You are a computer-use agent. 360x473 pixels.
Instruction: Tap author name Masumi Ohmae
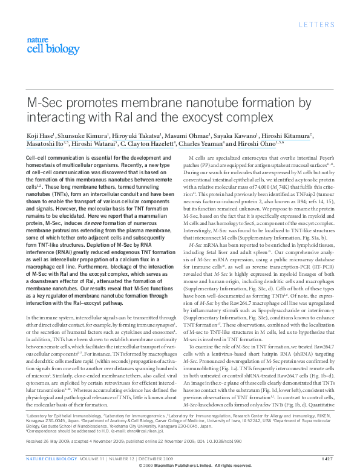(x=183, y=136)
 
